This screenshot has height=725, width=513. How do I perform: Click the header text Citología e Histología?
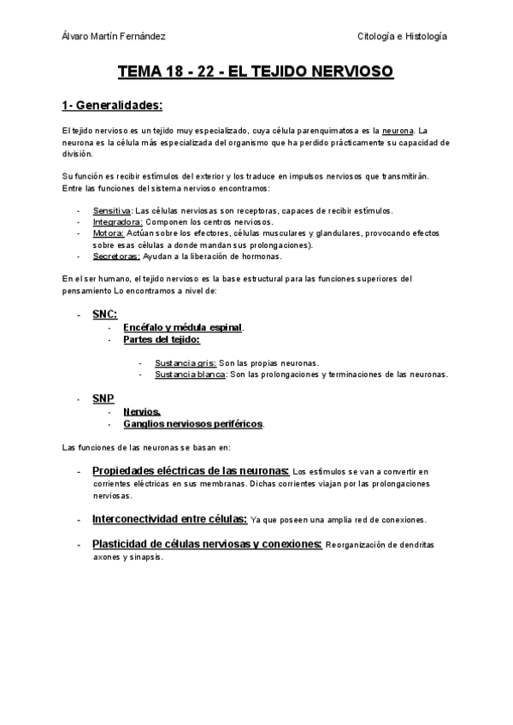coord(402,37)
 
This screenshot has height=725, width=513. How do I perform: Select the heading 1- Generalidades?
coord(112,106)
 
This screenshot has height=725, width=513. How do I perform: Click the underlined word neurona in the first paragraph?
coord(398,130)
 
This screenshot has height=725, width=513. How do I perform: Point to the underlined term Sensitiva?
coord(112,210)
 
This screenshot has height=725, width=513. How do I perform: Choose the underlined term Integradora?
coord(117,221)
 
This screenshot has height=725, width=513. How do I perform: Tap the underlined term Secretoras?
coord(116,256)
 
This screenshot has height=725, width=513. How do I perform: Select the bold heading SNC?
coord(104,315)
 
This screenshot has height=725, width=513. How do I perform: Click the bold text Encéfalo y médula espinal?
coord(183,327)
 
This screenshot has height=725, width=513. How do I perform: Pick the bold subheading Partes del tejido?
coord(162,339)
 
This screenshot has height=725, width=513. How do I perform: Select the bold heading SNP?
coord(103,399)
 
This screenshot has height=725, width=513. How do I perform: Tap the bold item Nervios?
coord(142,411)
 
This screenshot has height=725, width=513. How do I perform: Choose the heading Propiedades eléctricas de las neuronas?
coord(191,470)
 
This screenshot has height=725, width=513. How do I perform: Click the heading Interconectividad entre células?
coord(169,518)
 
